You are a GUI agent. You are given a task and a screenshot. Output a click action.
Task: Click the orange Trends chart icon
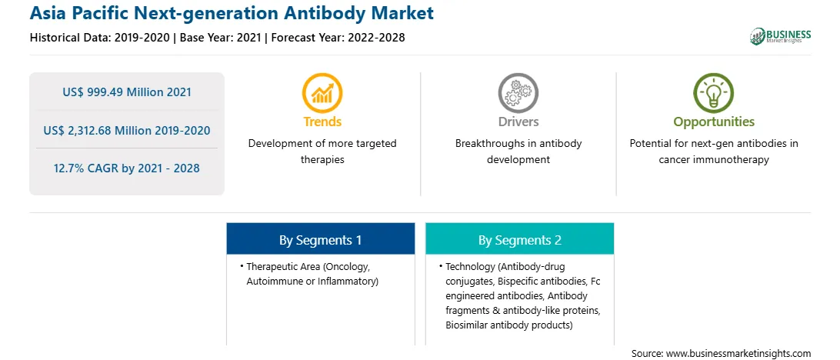322,93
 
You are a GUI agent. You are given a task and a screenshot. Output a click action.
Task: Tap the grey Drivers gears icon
518,93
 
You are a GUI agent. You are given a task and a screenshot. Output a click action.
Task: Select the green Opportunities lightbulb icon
714,93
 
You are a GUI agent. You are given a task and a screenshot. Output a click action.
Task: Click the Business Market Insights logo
780,36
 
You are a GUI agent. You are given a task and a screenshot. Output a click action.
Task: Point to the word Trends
322,122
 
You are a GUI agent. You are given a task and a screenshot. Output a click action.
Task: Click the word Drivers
518,122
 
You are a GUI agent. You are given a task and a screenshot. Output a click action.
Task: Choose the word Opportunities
714,122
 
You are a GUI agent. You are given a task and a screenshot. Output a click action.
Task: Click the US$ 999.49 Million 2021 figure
127,92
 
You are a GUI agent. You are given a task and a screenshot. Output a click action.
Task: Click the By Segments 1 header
320,240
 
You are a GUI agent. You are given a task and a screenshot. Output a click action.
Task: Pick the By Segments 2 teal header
520,240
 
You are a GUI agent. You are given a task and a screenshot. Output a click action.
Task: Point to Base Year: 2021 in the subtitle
220,38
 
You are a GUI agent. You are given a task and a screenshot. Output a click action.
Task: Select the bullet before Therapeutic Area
242,265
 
